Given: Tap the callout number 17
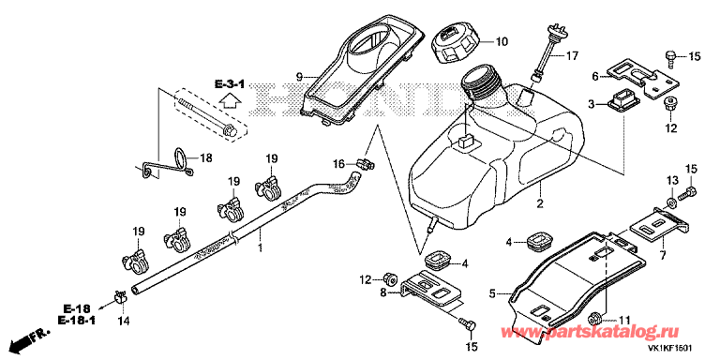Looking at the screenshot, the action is coord(572,57).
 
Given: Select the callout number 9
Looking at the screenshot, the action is coord(299,76).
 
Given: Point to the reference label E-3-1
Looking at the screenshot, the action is coord(230,84).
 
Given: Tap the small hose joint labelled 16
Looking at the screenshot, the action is coord(366,162).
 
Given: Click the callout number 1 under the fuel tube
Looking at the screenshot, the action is coord(260,248).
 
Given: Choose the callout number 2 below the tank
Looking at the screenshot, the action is coord(540,203).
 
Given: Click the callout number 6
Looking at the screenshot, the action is coord(595,77).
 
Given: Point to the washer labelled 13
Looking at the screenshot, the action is coord(671,201).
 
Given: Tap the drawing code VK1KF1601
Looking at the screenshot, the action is coord(671,349).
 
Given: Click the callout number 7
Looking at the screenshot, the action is coord(663,254).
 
